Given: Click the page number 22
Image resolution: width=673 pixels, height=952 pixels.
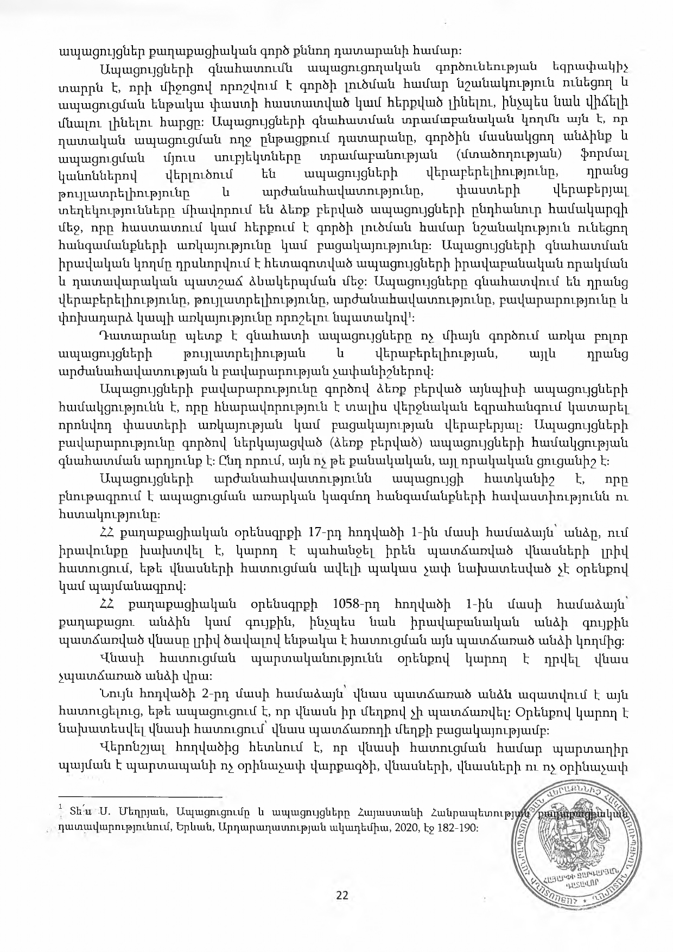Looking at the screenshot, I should click(x=342, y=895).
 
